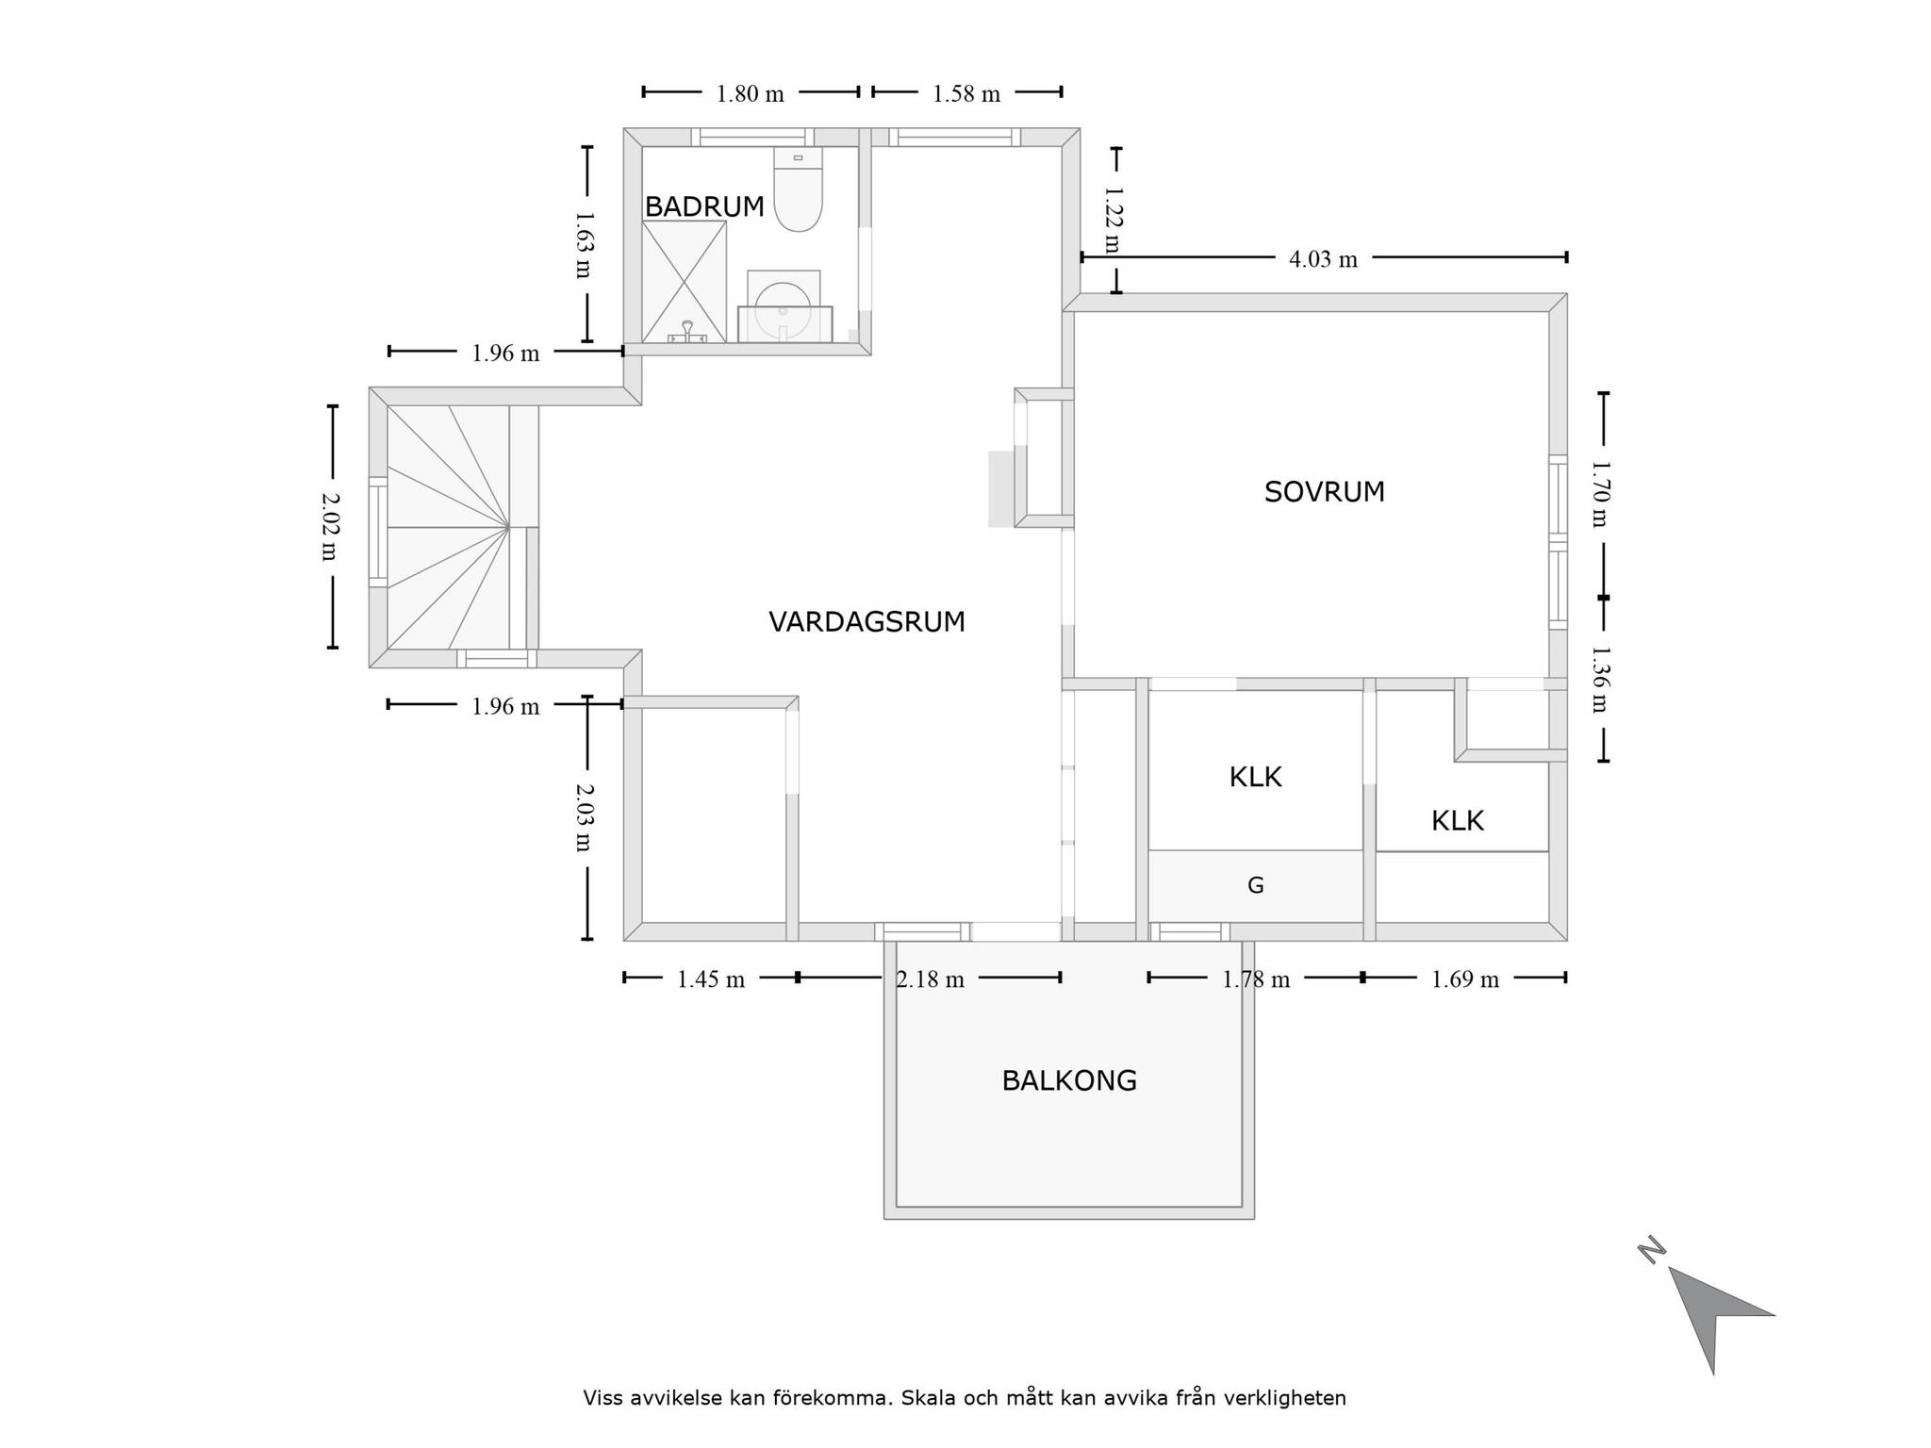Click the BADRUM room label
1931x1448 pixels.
point(704,206)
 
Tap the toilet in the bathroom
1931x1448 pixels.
point(798,189)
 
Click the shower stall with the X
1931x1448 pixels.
point(685,281)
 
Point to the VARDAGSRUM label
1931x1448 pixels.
point(866,622)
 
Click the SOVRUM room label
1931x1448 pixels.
point(1324,492)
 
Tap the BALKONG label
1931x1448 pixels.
point(1069,1080)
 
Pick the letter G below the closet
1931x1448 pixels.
point(1255,885)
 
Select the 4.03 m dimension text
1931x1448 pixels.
point(1323,259)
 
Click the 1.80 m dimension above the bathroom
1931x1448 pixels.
point(750,94)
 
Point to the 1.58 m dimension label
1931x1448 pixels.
point(966,94)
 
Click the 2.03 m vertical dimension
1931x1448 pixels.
point(584,817)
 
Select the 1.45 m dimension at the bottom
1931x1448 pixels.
point(711,979)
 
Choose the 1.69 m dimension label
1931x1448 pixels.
point(1464,979)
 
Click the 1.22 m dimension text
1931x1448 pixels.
point(1114,220)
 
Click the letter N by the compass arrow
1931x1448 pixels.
point(1651,1250)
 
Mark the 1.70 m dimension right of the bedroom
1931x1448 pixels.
point(1600,494)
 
